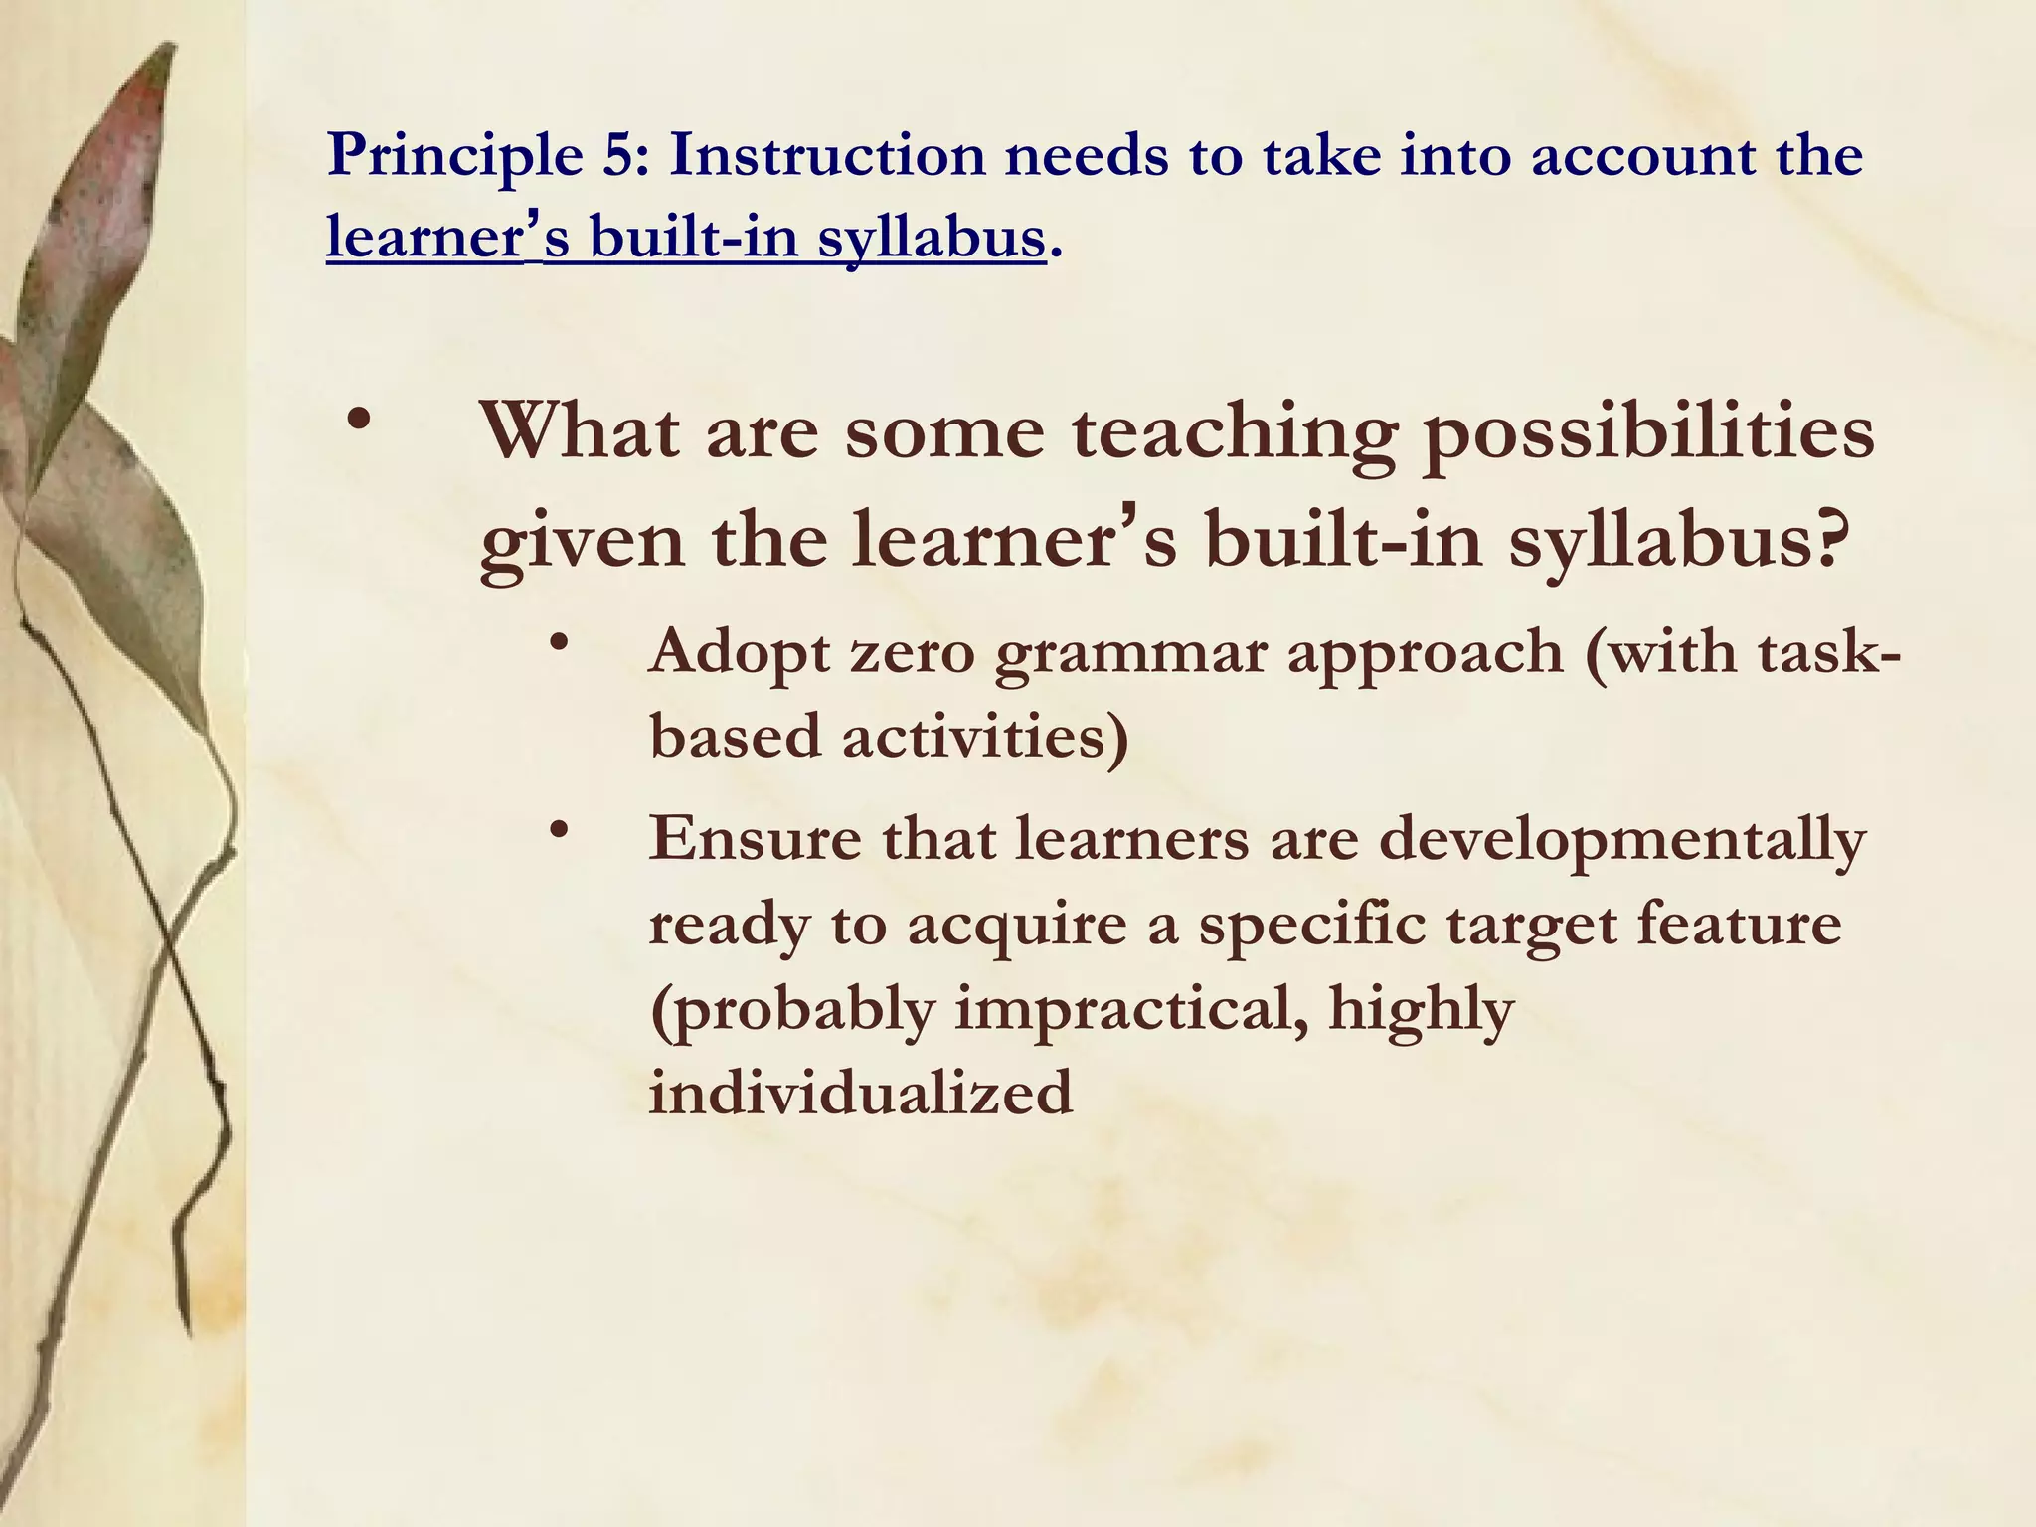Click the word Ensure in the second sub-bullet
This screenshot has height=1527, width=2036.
(756, 837)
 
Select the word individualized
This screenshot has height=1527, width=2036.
(861, 1092)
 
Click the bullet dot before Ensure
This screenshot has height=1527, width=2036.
(562, 827)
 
